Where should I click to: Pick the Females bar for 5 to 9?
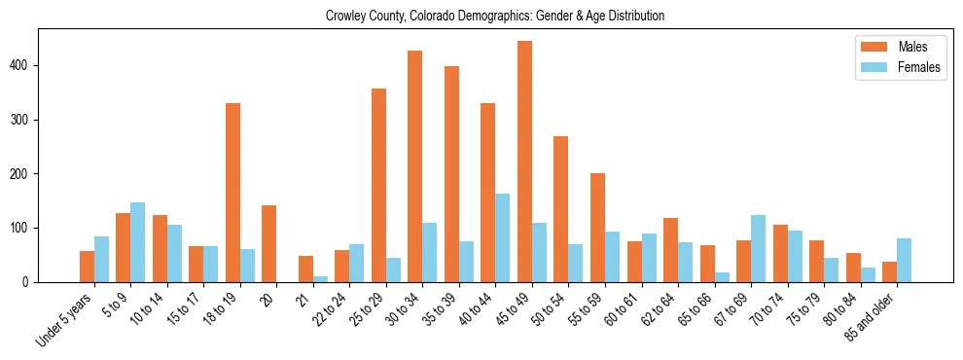137,242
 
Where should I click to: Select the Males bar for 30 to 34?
414,166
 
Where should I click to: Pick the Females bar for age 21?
320,279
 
